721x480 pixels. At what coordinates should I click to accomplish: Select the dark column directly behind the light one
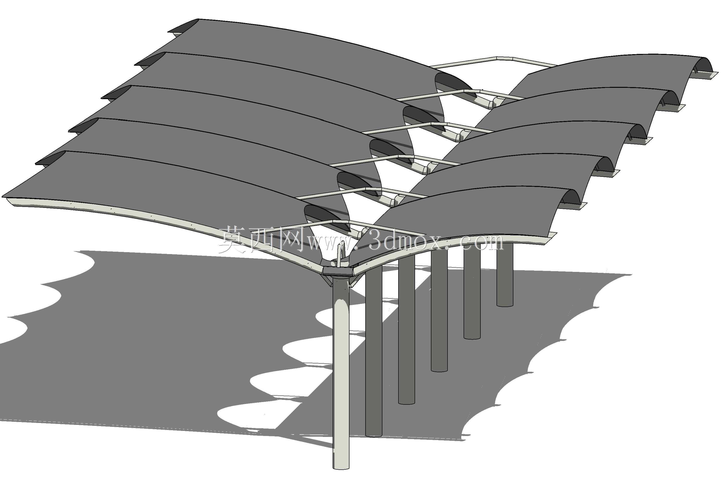click(374, 352)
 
